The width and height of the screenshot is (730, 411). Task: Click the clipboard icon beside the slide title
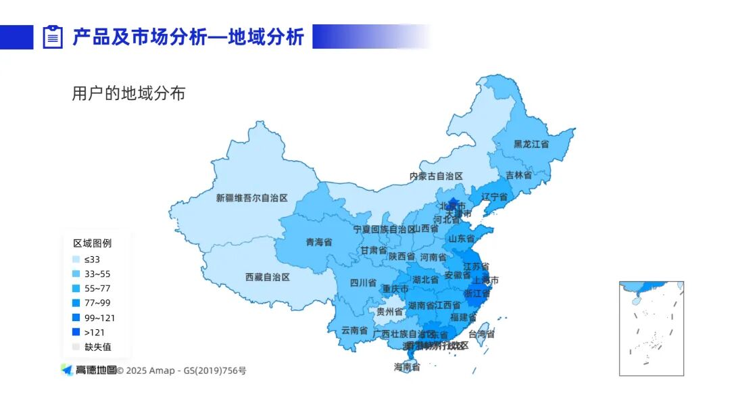53,37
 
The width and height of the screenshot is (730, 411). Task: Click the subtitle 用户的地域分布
128,93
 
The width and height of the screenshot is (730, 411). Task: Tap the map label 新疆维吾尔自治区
251,198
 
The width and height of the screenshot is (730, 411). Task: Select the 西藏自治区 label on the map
267,277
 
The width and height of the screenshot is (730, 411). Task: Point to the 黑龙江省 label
531,144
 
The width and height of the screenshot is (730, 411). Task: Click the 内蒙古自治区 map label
436,176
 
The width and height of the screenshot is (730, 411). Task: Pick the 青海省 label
318,241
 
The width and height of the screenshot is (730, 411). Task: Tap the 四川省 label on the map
363,283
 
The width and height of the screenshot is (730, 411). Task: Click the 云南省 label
354,331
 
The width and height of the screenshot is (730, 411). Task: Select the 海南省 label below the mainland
407,367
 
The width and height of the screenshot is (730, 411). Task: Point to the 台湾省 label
481,334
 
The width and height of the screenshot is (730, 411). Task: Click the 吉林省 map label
518,175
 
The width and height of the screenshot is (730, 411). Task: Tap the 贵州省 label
389,312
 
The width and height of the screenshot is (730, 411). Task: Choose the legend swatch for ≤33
76,260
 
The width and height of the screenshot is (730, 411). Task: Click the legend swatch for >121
76,333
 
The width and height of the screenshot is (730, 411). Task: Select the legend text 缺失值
97,347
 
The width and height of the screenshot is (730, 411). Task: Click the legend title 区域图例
92,243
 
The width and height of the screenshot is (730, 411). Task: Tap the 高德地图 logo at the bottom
89,370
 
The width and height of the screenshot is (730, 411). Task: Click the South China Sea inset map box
651,328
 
